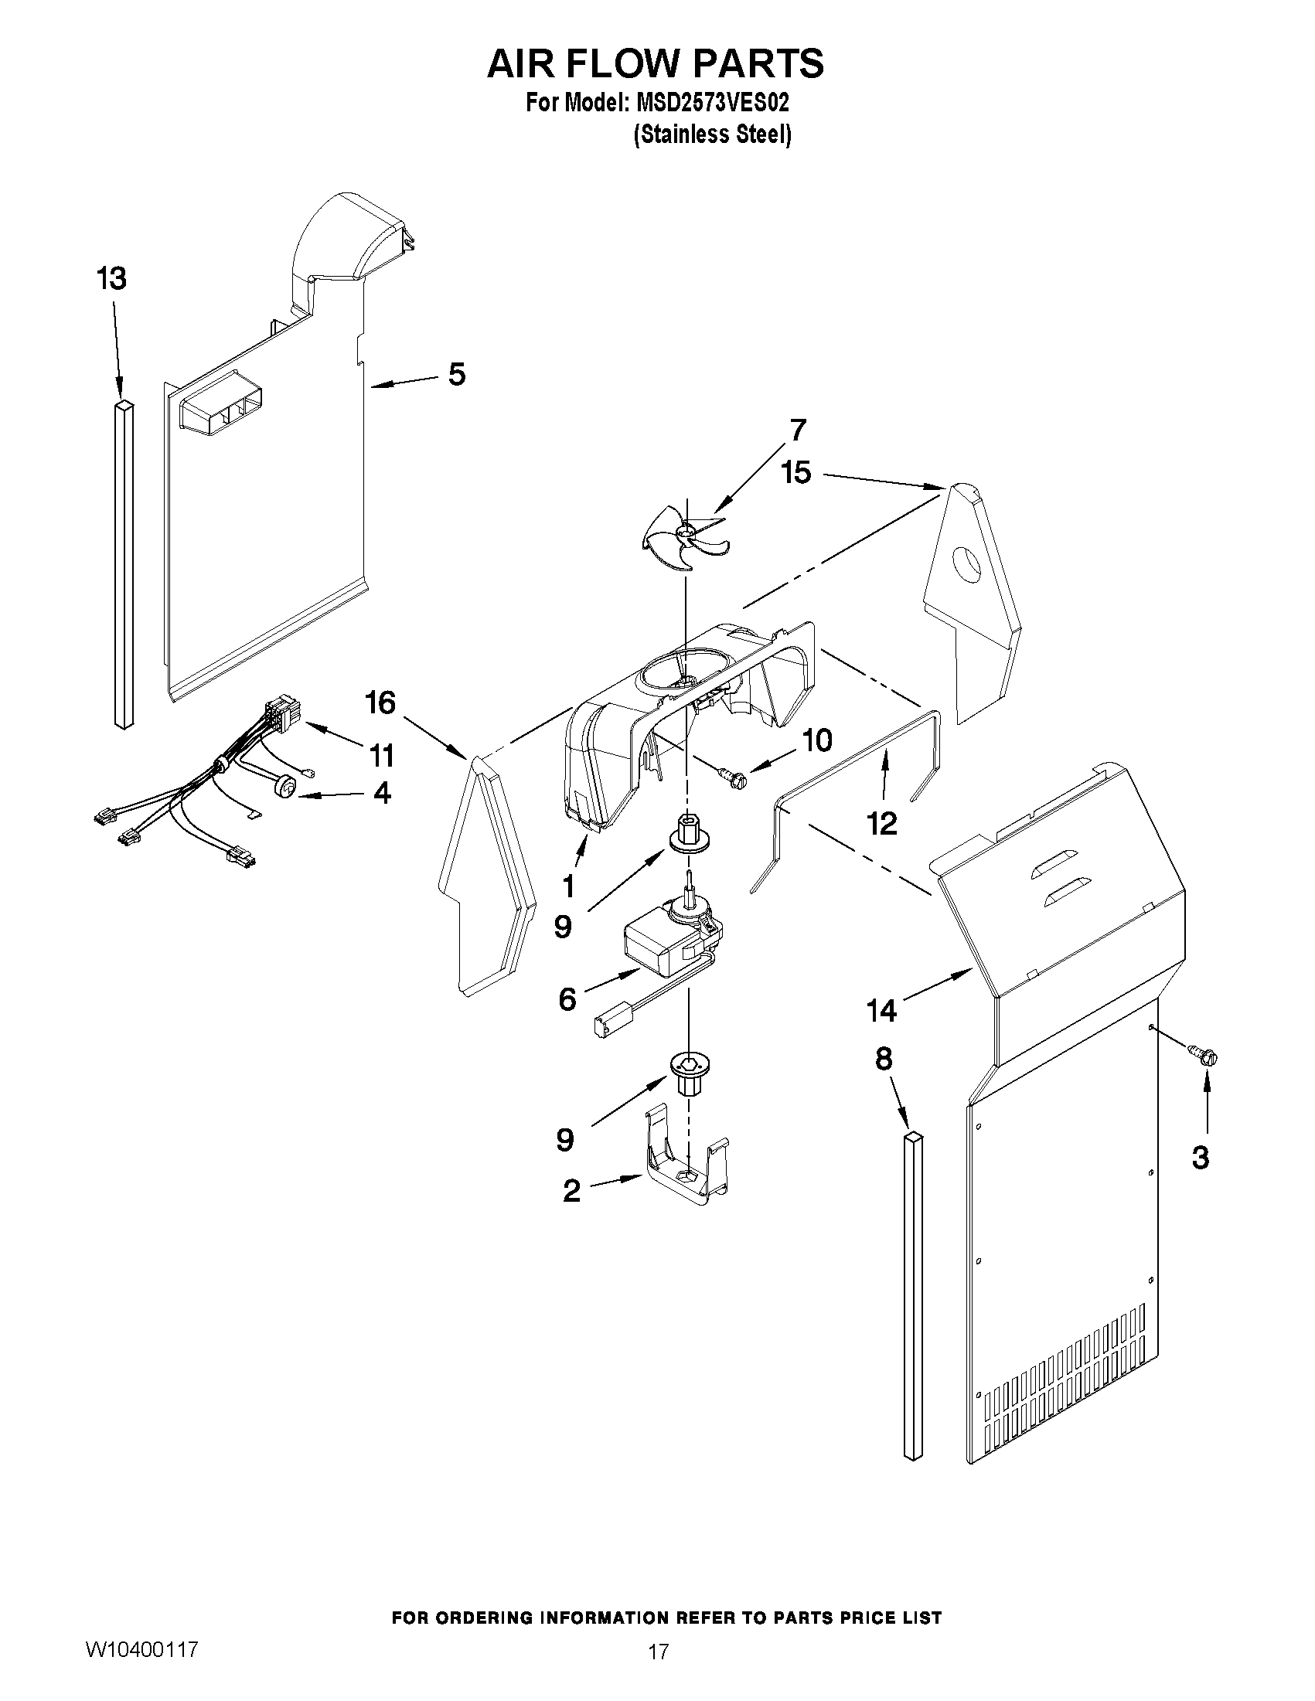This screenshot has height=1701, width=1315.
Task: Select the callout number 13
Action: (112, 278)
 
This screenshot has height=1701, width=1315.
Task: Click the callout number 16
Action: (381, 703)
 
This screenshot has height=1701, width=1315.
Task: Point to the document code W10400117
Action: (141, 1649)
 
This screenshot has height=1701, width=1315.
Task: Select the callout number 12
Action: (882, 823)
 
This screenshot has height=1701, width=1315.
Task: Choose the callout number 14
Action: (881, 1011)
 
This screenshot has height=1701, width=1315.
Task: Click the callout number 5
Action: (457, 375)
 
